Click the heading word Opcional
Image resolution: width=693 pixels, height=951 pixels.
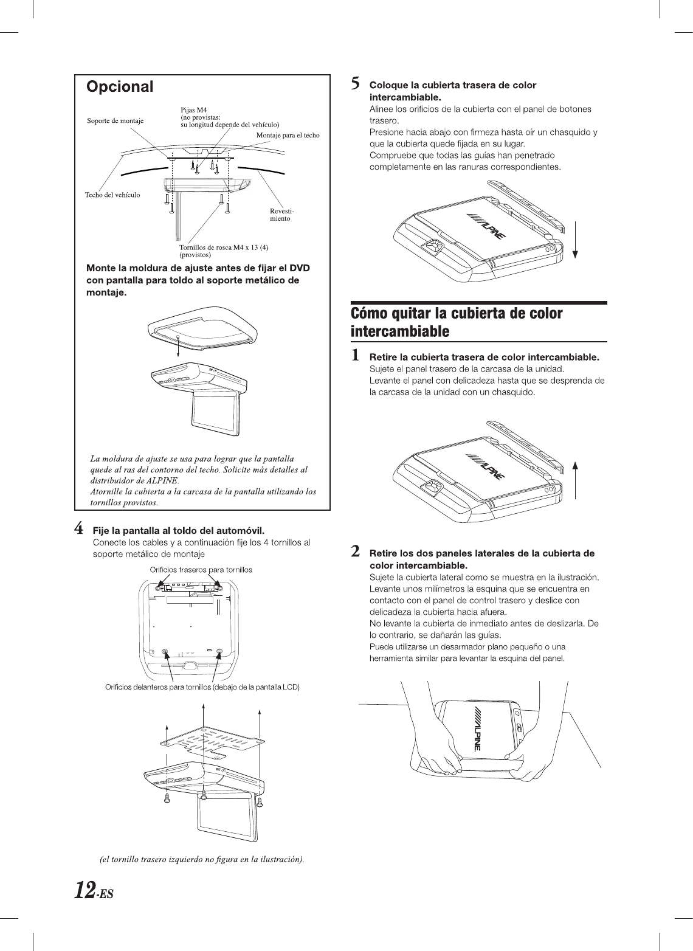[120, 87]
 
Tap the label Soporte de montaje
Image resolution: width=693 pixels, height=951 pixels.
[115, 121]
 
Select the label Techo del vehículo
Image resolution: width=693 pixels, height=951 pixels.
[111, 195]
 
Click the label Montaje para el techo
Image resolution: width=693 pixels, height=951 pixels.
[288, 135]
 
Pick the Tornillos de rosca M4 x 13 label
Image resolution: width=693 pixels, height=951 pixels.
[224, 247]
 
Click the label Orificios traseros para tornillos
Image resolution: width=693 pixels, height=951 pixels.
[201, 570]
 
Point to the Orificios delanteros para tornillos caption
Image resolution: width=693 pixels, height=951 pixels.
[203, 687]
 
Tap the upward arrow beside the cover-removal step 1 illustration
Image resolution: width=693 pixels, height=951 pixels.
[574, 480]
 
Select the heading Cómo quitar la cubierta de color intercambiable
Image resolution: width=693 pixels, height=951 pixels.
[457, 322]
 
